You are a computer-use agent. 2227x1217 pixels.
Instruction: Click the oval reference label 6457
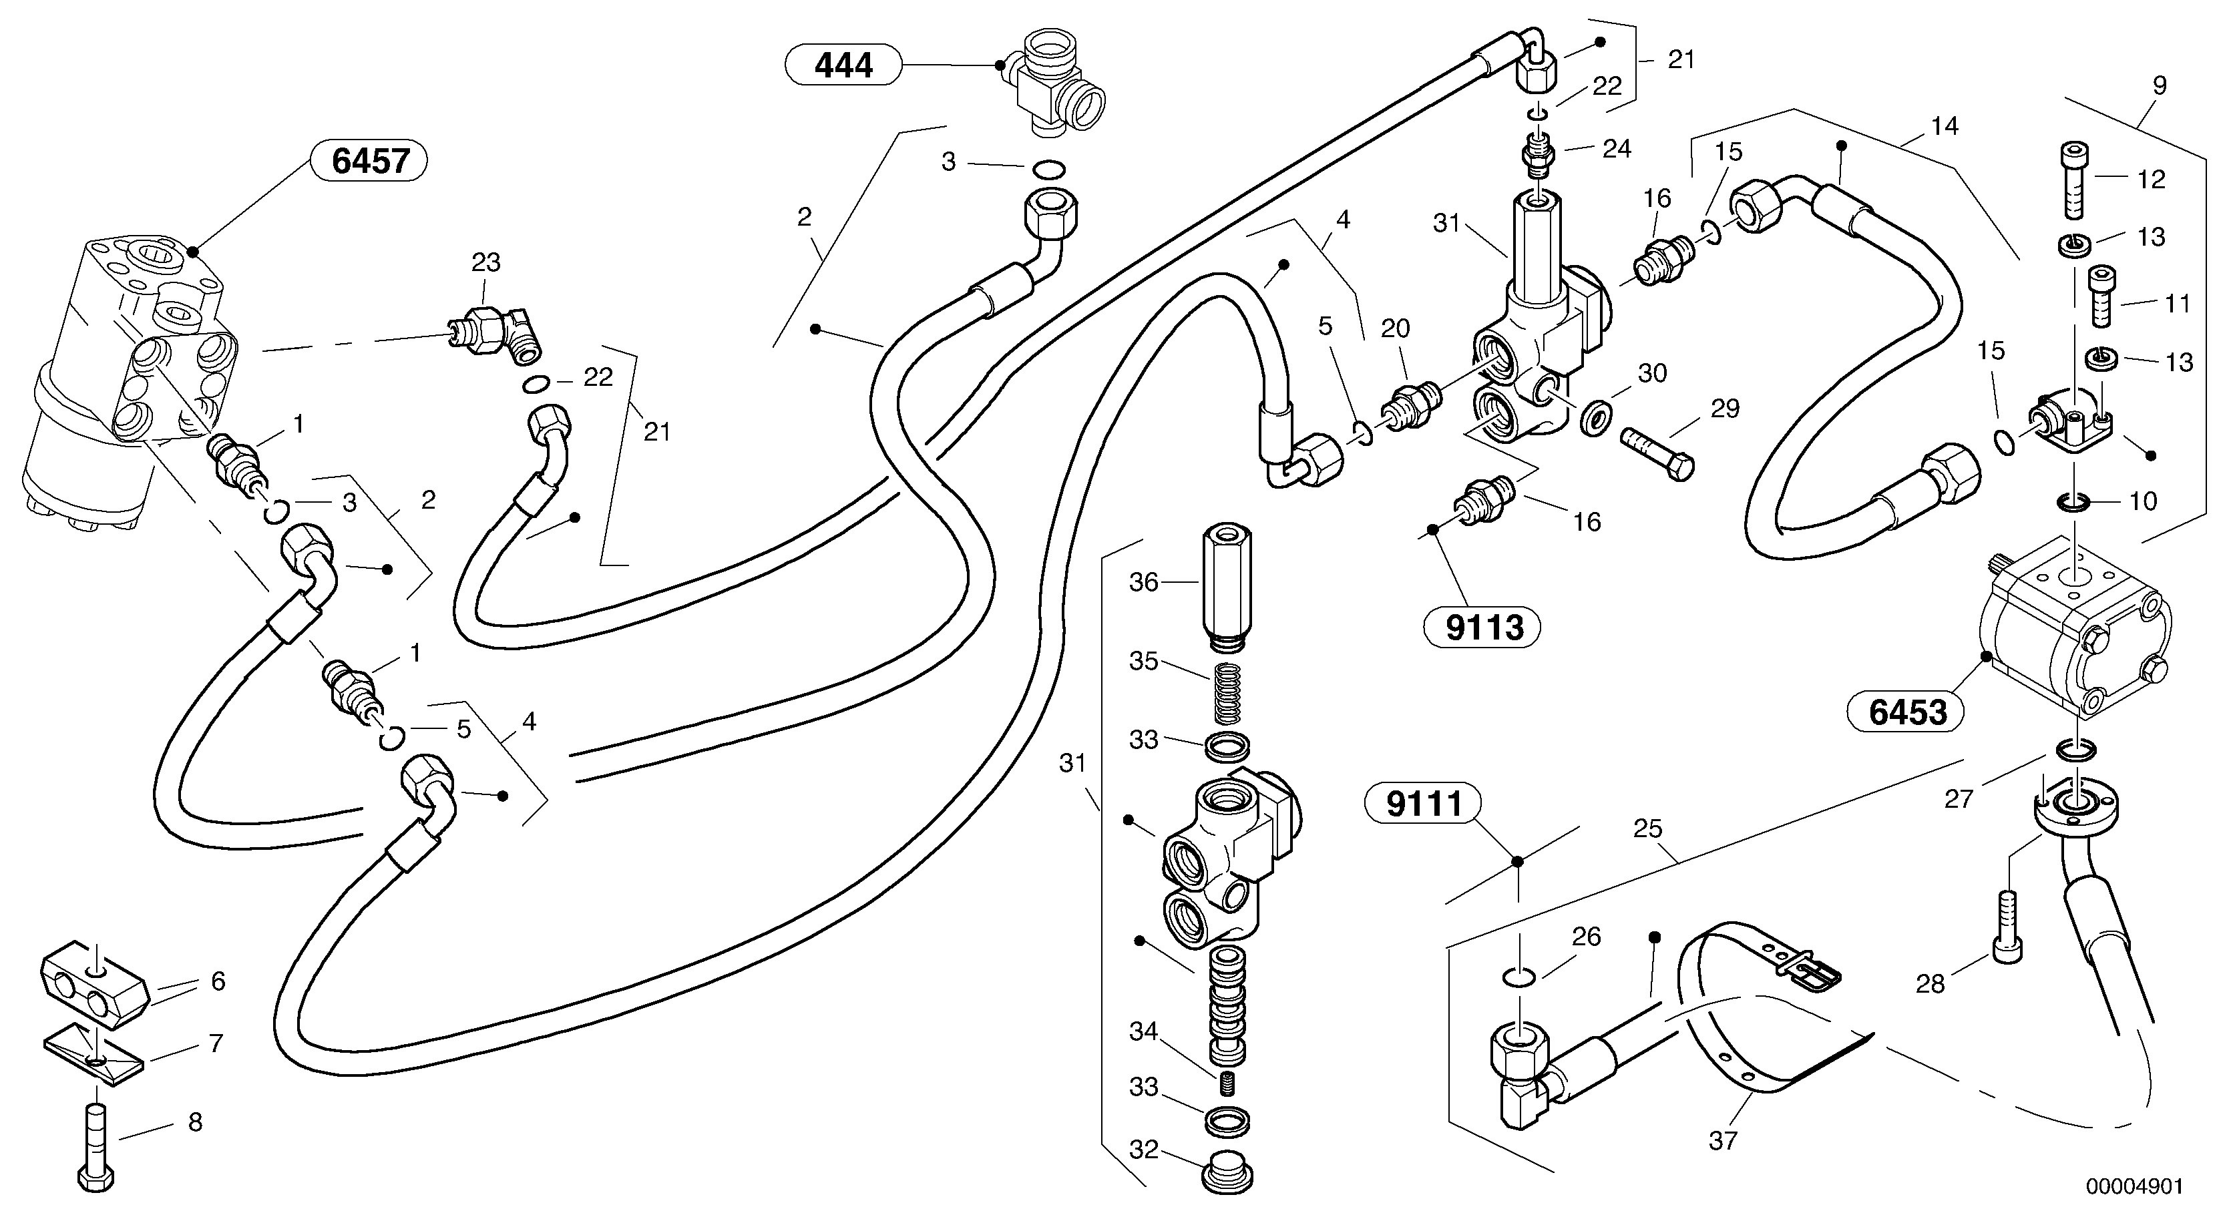pos(370,162)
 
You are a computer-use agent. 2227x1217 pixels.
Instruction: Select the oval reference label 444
pos(843,65)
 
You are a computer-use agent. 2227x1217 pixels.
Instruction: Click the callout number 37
pos(1722,1141)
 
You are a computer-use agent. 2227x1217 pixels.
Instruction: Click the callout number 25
pos(1648,829)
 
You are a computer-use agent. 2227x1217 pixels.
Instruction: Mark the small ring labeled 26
pos(1520,977)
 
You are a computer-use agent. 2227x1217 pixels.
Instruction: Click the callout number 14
pos(1945,126)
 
